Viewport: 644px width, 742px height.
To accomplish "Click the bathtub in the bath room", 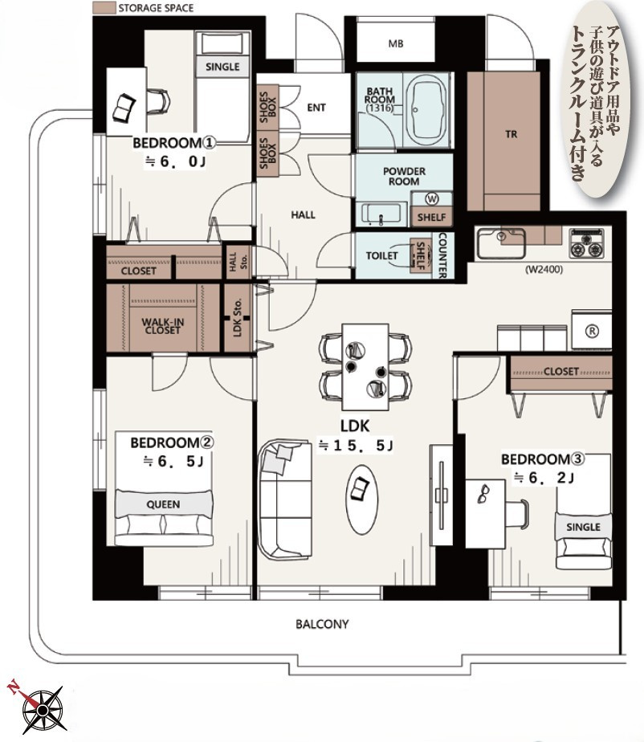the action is tap(428, 110).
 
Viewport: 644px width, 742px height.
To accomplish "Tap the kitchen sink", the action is tap(501, 243).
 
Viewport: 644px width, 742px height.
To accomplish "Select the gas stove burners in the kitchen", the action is tap(586, 243).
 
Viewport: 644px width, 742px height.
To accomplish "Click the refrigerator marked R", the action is tap(592, 330).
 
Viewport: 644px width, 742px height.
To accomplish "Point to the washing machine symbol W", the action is tap(431, 199).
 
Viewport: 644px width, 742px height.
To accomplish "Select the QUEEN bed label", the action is tap(163, 504).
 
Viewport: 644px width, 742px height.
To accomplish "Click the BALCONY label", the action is tap(322, 624).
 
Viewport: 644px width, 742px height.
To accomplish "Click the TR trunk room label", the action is tap(511, 134).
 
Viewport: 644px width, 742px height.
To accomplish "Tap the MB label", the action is tap(396, 43).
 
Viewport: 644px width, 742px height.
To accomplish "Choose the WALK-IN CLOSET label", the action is tap(162, 326).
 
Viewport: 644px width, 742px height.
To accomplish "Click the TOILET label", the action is tap(381, 255).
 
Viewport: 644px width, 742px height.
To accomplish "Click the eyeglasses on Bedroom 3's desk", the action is tap(483, 494).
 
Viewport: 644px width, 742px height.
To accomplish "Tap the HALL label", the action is tap(303, 215).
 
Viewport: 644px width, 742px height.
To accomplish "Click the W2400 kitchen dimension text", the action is tap(544, 270).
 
